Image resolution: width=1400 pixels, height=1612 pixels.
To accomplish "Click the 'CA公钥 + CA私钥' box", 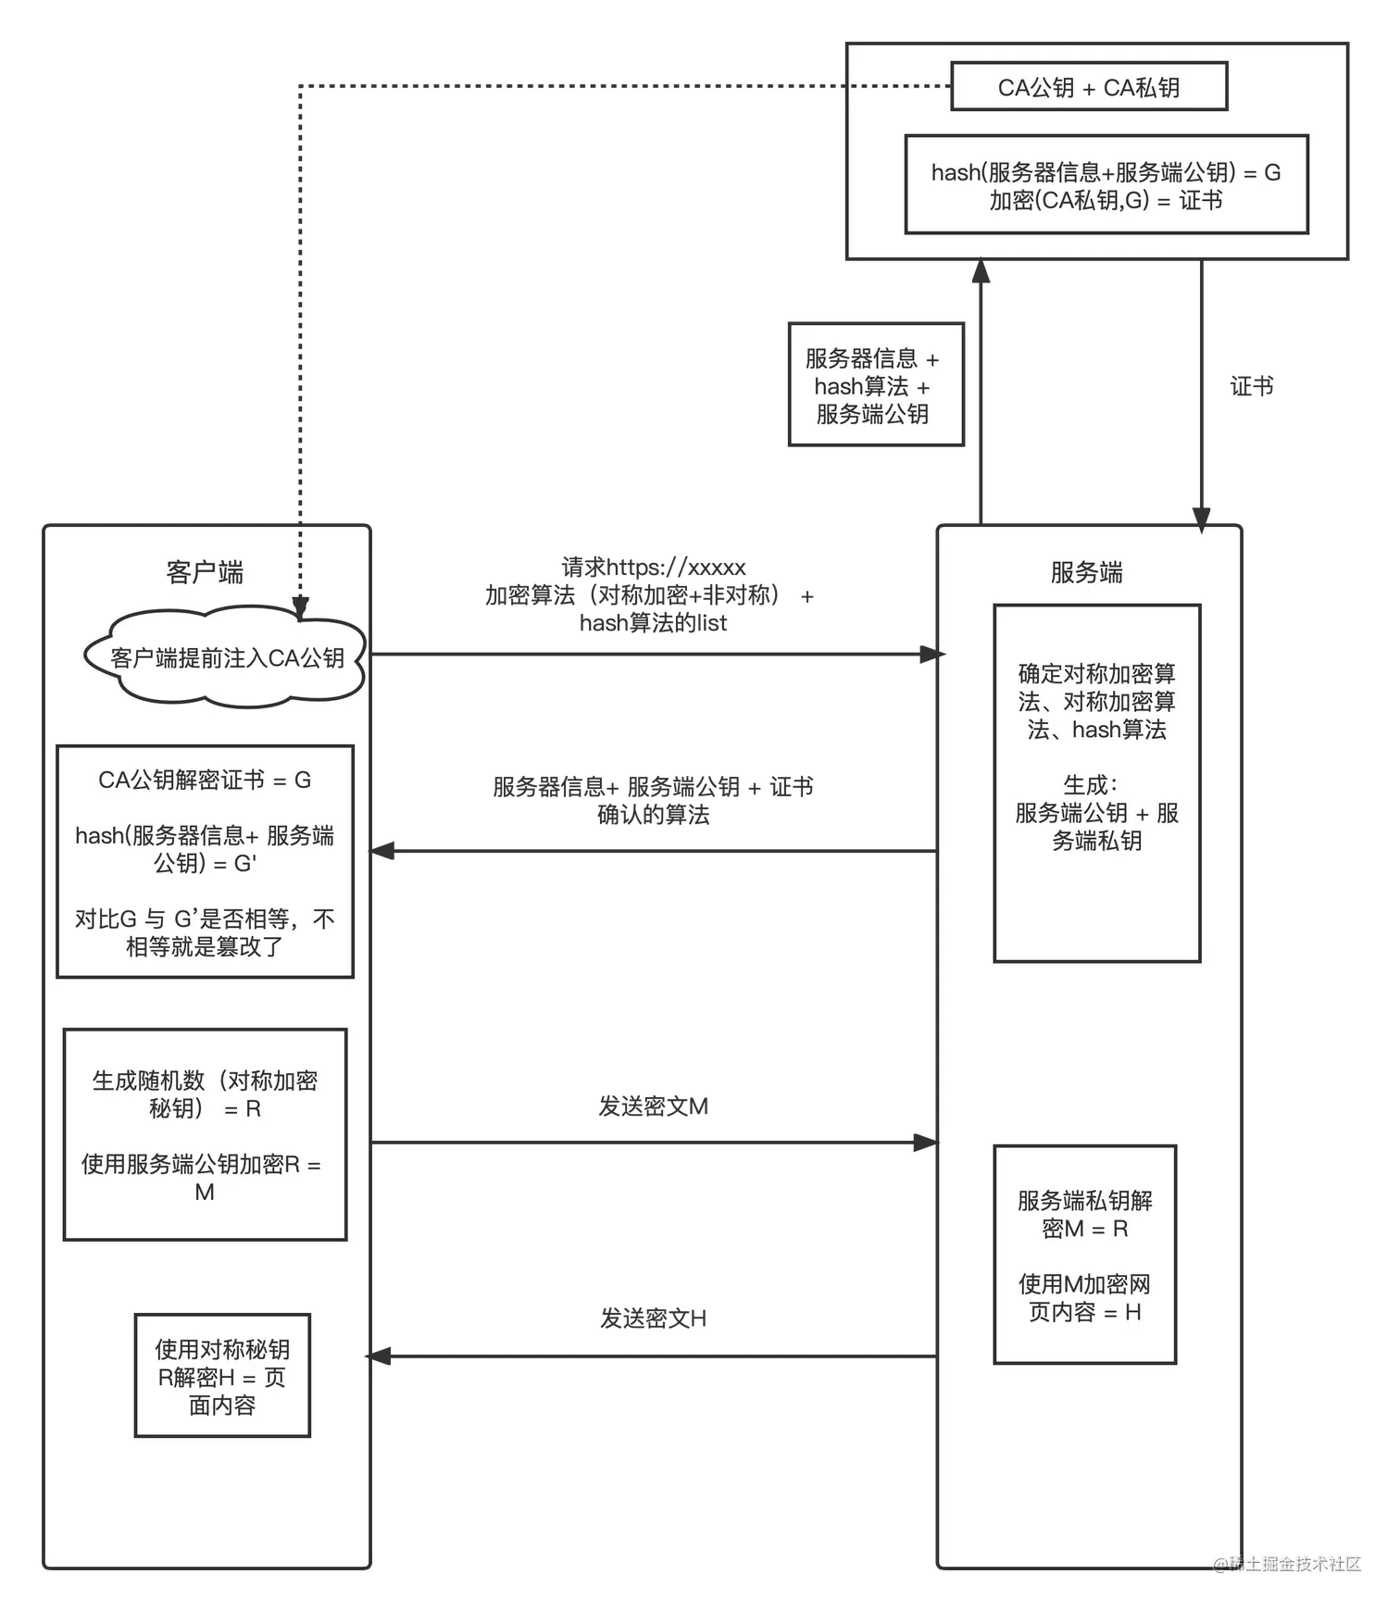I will (1089, 87).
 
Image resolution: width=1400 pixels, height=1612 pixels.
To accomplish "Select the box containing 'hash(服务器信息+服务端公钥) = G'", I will (1106, 184).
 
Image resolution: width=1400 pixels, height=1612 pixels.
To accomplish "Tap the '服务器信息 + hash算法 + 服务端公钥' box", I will (872, 386).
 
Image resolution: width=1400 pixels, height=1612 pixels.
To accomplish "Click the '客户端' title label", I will (205, 572).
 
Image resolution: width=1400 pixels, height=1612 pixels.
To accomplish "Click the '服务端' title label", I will (1086, 572).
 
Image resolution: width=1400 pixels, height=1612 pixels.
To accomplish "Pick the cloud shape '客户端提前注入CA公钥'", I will (226, 657).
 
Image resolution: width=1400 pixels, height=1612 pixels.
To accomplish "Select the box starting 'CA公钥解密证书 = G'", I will (205, 861).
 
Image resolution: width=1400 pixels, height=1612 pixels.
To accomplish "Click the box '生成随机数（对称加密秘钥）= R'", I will (205, 1134).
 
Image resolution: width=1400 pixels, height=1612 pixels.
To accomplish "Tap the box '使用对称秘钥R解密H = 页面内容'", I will (222, 1376).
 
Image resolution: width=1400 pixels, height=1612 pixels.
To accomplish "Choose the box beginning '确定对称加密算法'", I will (1096, 783).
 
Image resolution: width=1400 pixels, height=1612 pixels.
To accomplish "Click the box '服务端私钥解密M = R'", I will (1084, 1255).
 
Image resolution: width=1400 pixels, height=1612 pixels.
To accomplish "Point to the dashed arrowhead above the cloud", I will (300, 607).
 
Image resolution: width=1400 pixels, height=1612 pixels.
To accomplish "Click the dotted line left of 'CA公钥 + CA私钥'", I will (900, 86).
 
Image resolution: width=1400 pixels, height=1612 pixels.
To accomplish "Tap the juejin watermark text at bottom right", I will (1289, 1563).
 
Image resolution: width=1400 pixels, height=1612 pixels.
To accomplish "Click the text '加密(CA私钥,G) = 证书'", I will (1106, 200).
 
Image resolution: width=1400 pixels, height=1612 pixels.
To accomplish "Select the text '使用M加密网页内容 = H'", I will (1084, 1297).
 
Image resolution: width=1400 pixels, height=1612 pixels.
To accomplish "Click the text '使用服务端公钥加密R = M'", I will (203, 1178).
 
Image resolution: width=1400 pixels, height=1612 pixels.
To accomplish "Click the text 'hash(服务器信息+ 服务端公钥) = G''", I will (205, 849).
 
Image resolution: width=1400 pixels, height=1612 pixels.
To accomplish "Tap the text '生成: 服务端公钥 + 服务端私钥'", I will (1096, 813).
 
